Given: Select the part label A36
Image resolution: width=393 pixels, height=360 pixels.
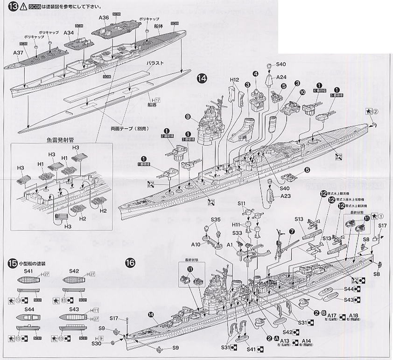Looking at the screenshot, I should (104, 17).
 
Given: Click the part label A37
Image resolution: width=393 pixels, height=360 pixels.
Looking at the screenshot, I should (19, 53).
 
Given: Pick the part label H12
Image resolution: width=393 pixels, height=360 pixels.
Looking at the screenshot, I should (234, 80).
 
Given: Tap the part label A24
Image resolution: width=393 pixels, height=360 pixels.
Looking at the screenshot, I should (281, 77).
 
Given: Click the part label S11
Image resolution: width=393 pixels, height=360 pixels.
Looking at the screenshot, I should (241, 204).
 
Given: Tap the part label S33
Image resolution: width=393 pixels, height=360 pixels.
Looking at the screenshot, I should (237, 232).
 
